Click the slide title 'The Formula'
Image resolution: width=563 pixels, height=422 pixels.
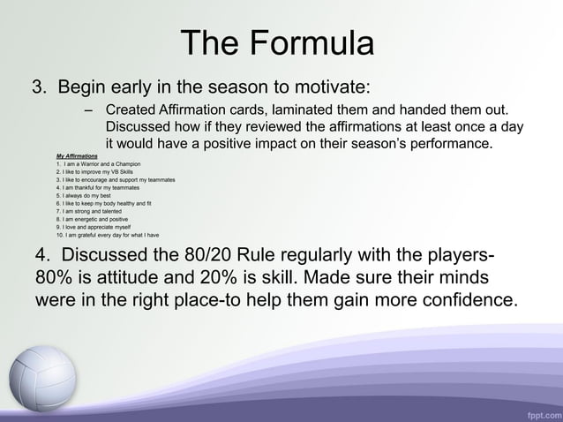pyautogui.click(x=277, y=43)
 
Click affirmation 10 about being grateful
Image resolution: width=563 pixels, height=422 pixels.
pyautogui.click(x=106, y=236)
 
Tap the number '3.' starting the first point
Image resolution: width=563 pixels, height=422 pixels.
pyautogui.click(x=41, y=88)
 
